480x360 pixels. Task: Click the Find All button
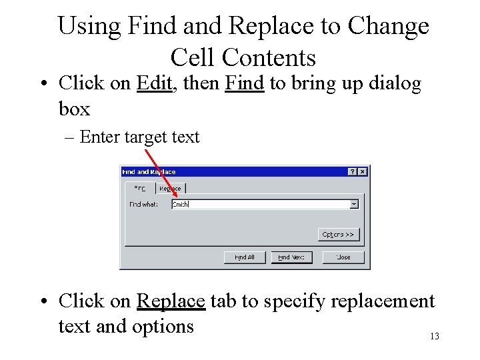pos(245,257)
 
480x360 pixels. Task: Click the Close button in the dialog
pos(343,257)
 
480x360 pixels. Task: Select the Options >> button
pos(339,234)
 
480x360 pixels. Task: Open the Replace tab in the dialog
pos(170,189)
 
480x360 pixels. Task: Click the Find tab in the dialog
pos(140,189)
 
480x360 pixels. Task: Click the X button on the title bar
pos(362,171)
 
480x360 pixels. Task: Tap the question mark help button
pos(353,171)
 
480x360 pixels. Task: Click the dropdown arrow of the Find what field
pos(354,204)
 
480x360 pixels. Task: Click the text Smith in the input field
pos(181,204)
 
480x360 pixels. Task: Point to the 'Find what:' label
pos(143,204)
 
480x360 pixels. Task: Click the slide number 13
pos(434,336)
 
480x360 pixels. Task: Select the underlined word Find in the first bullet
pos(245,83)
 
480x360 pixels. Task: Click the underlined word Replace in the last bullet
pos(170,301)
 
